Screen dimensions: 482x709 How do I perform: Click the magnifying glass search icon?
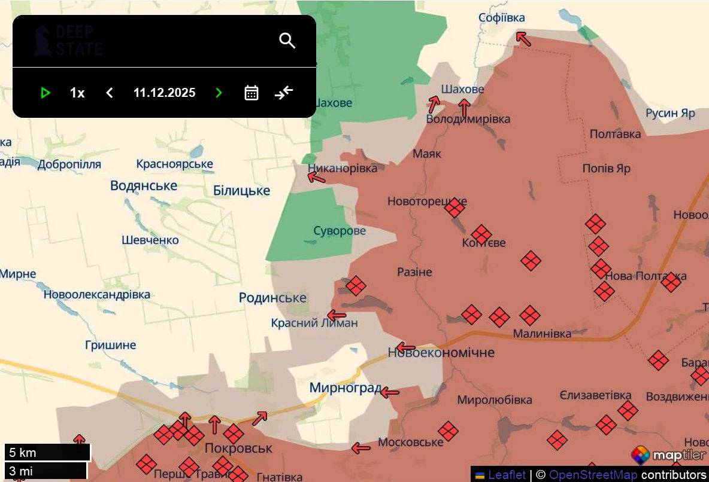287,41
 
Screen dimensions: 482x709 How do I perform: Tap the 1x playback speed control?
77,93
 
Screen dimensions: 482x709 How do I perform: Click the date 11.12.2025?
164,93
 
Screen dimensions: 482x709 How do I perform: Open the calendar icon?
252,93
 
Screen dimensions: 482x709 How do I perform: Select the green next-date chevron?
219,93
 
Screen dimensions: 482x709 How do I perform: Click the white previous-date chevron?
110,93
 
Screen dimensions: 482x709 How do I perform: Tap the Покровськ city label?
238,448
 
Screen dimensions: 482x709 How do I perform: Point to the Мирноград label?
345,388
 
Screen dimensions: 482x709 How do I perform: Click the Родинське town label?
272,297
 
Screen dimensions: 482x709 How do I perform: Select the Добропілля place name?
69,164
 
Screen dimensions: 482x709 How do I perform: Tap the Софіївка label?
501,18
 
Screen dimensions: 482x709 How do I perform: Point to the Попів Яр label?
606,169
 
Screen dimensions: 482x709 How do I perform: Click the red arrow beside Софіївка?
523,39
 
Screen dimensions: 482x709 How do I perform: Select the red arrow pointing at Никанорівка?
316,177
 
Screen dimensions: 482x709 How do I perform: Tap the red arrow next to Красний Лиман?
337,315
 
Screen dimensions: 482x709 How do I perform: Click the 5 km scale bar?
47,452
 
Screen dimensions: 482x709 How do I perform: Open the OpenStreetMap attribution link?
593,475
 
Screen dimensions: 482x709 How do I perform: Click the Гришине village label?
111,345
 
